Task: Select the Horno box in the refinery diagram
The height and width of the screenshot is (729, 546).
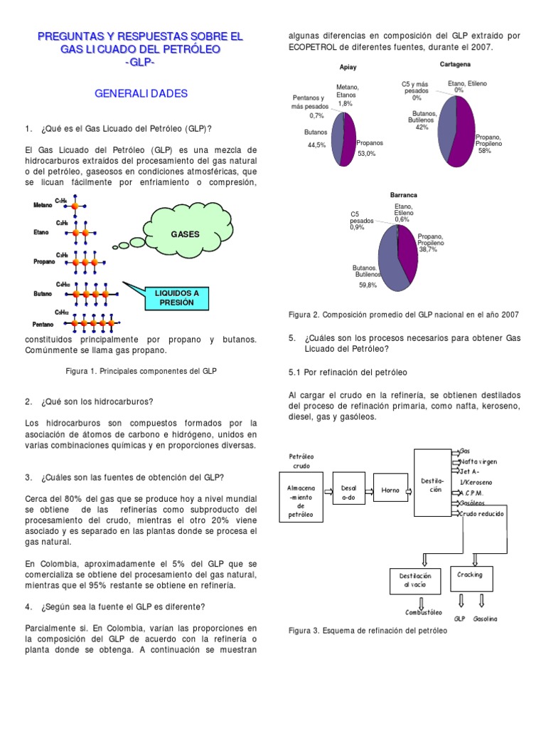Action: (x=390, y=490)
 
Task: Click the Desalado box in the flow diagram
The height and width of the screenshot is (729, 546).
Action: (x=348, y=490)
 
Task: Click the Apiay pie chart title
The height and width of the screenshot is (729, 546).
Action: (x=348, y=68)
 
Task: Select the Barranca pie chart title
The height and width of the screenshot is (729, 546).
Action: (x=403, y=194)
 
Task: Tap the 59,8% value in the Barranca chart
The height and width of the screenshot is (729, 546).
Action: (x=368, y=285)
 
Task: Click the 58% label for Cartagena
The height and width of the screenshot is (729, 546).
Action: (x=484, y=151)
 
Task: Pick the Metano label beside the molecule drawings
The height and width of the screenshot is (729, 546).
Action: (x=43, y=205)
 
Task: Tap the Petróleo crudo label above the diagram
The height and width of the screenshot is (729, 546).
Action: (x=301, y=461)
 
